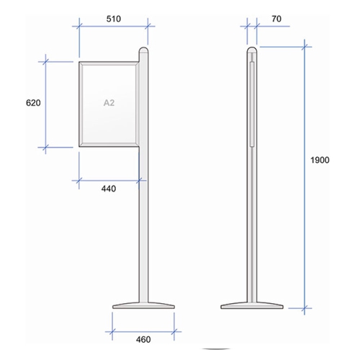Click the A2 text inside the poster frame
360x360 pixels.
coord(109,103)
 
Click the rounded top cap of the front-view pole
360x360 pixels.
coord(144,52)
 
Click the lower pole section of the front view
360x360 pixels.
coord(144,230)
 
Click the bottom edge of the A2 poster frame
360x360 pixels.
coord(108,145)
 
